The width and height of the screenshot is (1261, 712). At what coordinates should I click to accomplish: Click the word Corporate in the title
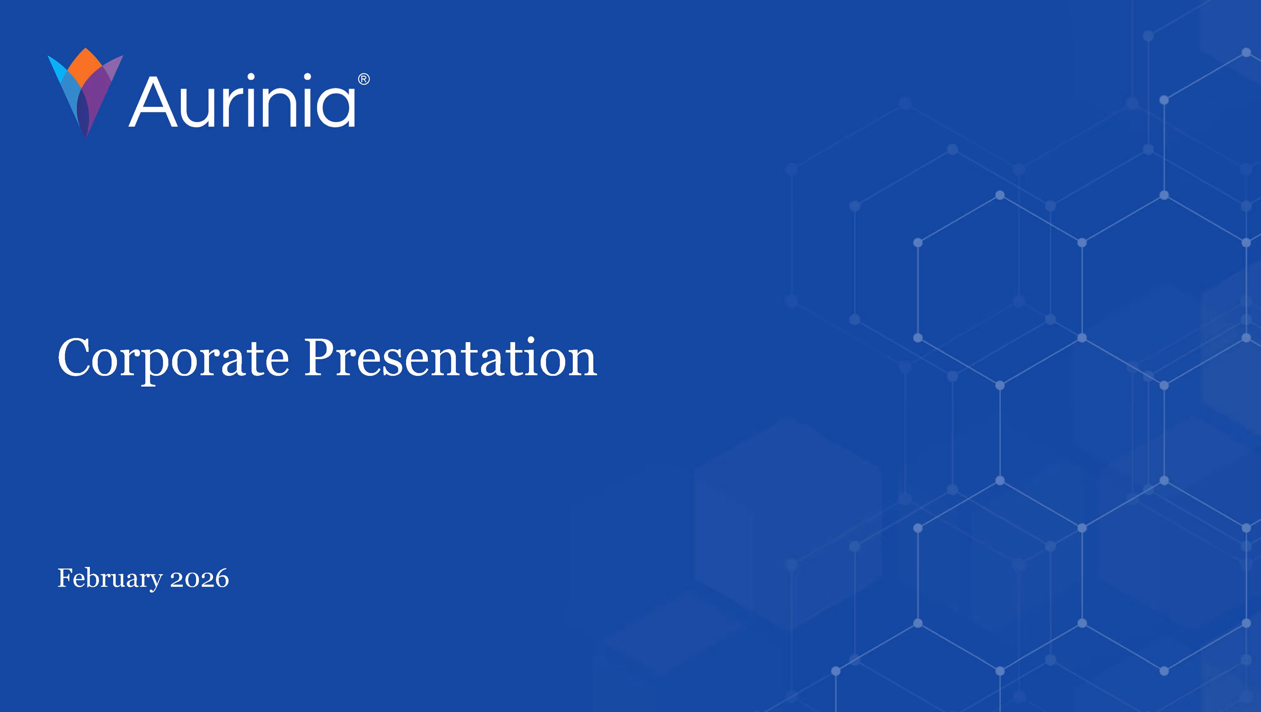click(173, 359)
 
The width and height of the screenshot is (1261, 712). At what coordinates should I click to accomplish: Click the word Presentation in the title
click(450, 359)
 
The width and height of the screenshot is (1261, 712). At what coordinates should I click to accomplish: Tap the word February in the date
click(110, 579)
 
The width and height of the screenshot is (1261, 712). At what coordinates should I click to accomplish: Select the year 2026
click(199, 579)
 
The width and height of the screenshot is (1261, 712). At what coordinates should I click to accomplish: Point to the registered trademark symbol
click(364, 79)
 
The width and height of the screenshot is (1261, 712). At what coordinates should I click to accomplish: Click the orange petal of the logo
click(84, 65)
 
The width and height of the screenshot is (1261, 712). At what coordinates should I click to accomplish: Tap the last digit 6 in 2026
click(221, 579)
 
